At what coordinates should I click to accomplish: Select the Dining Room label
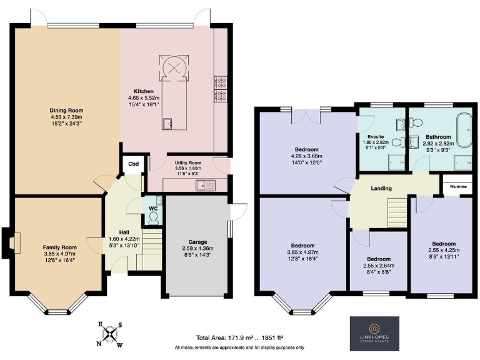pos(67,111)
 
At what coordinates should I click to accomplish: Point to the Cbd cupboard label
pos(133,164)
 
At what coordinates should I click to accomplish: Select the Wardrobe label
pos(456,186)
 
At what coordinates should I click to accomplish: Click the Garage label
pos(197,241)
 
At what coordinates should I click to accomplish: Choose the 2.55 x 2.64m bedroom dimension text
pos(379,265)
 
